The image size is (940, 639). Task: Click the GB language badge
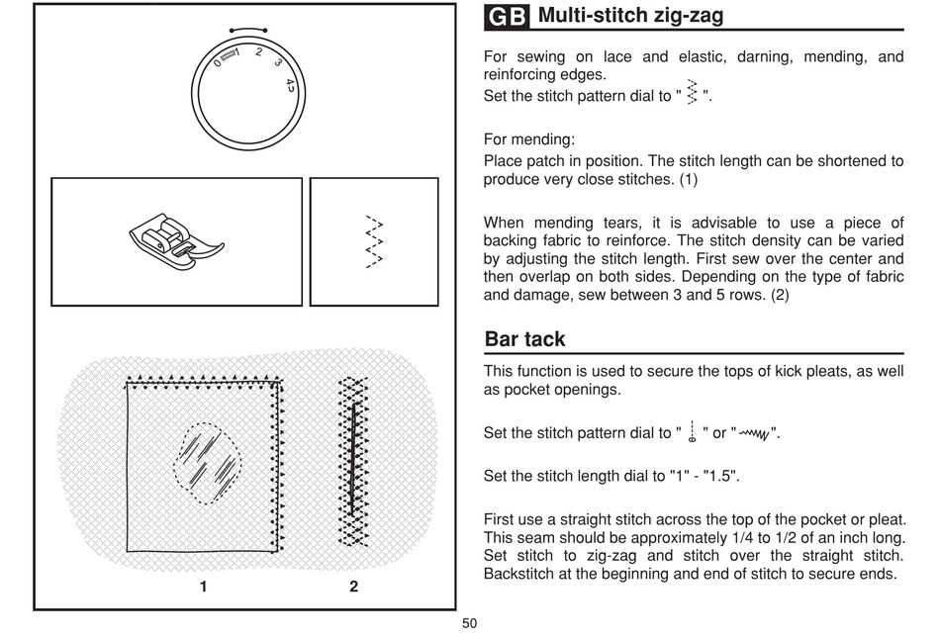[x=507, y=17]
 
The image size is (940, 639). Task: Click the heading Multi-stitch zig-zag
[x=630, y=15]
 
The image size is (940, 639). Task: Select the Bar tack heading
[x=524, y=339]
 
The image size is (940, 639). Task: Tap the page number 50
[x=469, y=623]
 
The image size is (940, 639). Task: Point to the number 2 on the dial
[x=258, y=52]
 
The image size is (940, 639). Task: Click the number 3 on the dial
[x=278, y=61]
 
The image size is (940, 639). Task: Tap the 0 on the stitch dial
[x=217, y=63]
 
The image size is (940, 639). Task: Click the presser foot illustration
[x=176, y=241]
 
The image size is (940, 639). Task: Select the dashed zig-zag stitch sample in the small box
[x=374, y=241]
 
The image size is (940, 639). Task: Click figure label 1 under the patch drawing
[x=203, y=587]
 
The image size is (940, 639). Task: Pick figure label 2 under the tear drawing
[x=353, y=587]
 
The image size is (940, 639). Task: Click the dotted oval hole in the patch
[x=208, y=463]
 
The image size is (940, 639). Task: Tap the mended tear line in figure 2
[x=352, y=459]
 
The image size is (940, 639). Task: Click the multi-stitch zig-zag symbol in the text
[x=692, y=92]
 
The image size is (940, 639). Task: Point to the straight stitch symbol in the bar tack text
[x=692, y=431]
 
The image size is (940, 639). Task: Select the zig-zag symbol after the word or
[x=754, y=433]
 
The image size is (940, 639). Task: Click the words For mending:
[x=528, y=139]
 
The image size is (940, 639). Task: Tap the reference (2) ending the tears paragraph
[x=780, y=295]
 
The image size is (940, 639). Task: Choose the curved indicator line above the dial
[x=248, y=28]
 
